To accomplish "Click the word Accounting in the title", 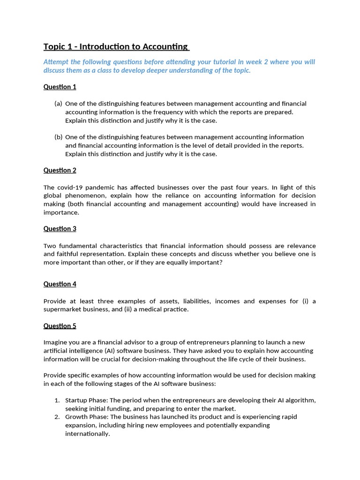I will [165, 46].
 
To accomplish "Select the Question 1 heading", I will [60, 87].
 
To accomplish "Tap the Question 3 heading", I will [60, 229].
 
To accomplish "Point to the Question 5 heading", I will [60, 326].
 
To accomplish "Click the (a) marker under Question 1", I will [58, 104].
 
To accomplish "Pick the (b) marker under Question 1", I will [58, 137].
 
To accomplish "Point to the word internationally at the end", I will [87, 434].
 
